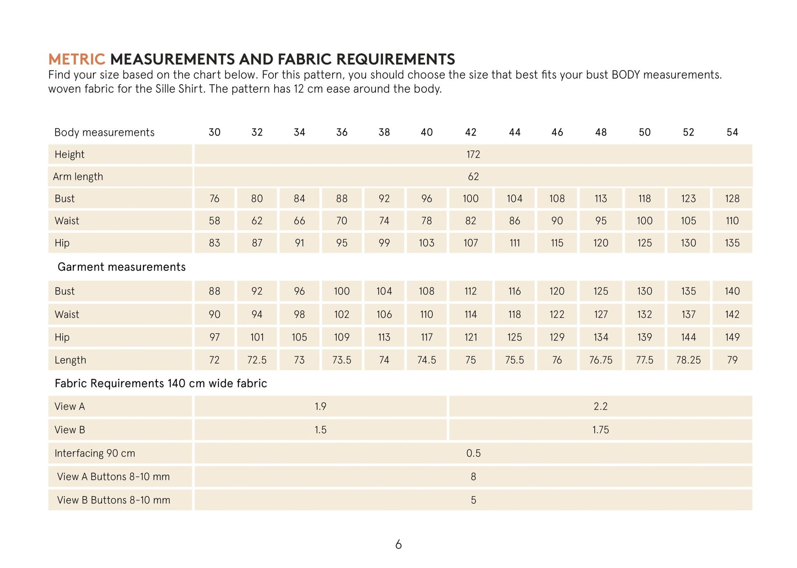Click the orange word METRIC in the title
77,59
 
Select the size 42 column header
471,132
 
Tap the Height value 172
473,154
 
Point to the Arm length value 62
473,177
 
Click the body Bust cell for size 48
600,199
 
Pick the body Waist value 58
214,221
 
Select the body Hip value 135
732,243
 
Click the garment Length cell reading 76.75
600,360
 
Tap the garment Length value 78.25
688,360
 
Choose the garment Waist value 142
732,315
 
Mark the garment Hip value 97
214,337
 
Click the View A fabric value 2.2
600,406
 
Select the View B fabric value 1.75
600,430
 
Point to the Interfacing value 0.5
473,453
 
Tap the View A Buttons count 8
473,477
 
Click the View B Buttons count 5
473,500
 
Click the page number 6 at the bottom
398,545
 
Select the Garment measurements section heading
121,267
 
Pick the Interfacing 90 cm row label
95,453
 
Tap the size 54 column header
732,132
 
